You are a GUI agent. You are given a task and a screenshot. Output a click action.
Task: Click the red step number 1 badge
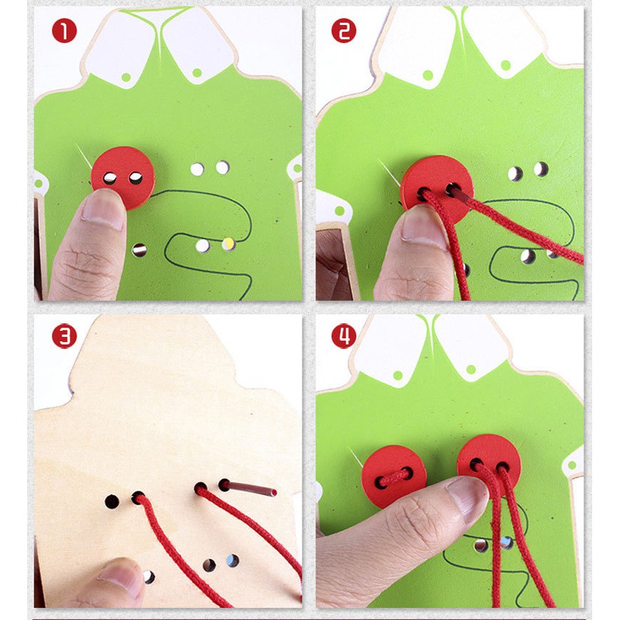click(64, 31)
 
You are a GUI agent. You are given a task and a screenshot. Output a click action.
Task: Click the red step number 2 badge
click(343, 31)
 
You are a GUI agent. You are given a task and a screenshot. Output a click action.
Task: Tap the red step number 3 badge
click(64, 336)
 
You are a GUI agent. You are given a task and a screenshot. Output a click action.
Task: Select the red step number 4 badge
click(343, 336)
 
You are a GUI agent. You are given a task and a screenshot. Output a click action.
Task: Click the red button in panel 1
click(123, 177)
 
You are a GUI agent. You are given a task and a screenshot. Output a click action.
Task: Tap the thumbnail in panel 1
click(103, 210)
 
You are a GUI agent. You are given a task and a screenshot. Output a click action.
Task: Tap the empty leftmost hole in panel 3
click(112, 501)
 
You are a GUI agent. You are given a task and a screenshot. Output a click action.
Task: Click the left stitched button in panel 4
click(394, 476)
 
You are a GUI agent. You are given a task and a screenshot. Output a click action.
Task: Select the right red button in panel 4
click(489, 461)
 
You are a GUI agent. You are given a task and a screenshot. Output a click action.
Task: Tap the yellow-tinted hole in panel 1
click(229, 244)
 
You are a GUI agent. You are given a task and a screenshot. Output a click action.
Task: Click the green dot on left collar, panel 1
click(126, 77)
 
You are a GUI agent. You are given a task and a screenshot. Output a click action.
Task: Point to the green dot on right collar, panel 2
click(506, 65)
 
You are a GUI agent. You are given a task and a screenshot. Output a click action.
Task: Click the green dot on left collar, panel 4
click(398, 375)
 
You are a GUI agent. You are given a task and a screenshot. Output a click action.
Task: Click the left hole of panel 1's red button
click(109, 178)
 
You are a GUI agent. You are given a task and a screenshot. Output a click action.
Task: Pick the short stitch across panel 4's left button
click(394, 477)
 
